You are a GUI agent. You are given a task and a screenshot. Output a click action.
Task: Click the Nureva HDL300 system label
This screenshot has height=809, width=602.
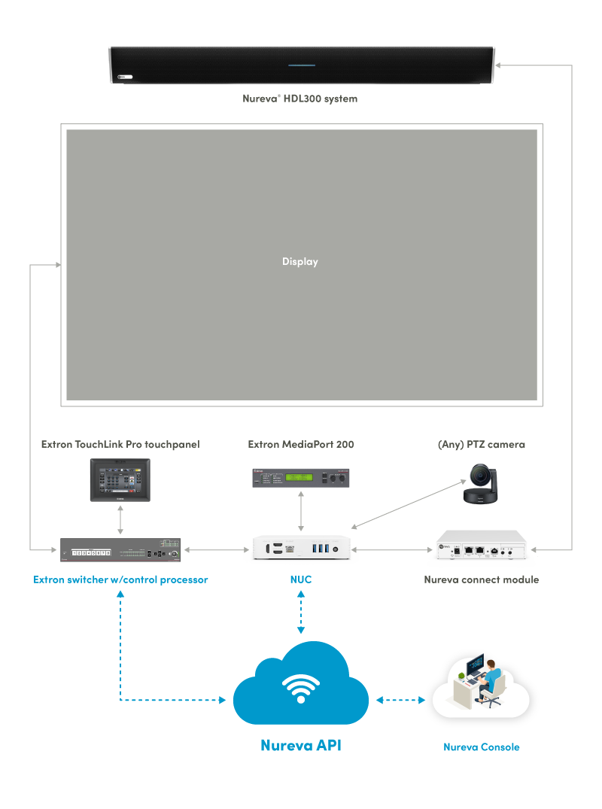[x=299, y=99]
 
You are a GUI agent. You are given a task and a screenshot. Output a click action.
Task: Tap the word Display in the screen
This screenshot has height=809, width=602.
[x=300, y=262]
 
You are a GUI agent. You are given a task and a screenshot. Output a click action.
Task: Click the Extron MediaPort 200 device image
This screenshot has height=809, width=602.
[x=301, y=478]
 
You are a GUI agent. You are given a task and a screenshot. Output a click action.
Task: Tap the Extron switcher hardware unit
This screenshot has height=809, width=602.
[x=120, y=550]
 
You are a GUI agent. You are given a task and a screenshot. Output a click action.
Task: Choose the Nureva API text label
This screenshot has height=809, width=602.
[x=300, y=746]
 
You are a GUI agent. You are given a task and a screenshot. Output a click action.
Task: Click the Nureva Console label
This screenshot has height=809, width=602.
[x=481, y=747]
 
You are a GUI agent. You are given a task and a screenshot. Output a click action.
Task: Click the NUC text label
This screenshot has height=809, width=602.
[x=301, y=580]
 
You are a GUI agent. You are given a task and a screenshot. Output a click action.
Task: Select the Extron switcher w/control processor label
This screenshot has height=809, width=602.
[x=120, y=580]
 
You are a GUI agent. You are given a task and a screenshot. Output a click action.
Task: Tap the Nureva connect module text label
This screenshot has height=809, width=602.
[x=481, y=580]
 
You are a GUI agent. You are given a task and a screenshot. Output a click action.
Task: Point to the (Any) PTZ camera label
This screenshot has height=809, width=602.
[x=481, y=445]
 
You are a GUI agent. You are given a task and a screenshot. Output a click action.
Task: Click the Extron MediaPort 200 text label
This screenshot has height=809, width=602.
[x=300, y=445]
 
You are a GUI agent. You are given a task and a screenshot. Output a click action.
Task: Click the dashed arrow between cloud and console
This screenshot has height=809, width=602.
[x=400, y=700]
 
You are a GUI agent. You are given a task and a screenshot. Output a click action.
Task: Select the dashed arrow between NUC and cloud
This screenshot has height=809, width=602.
[x=301, y=611]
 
